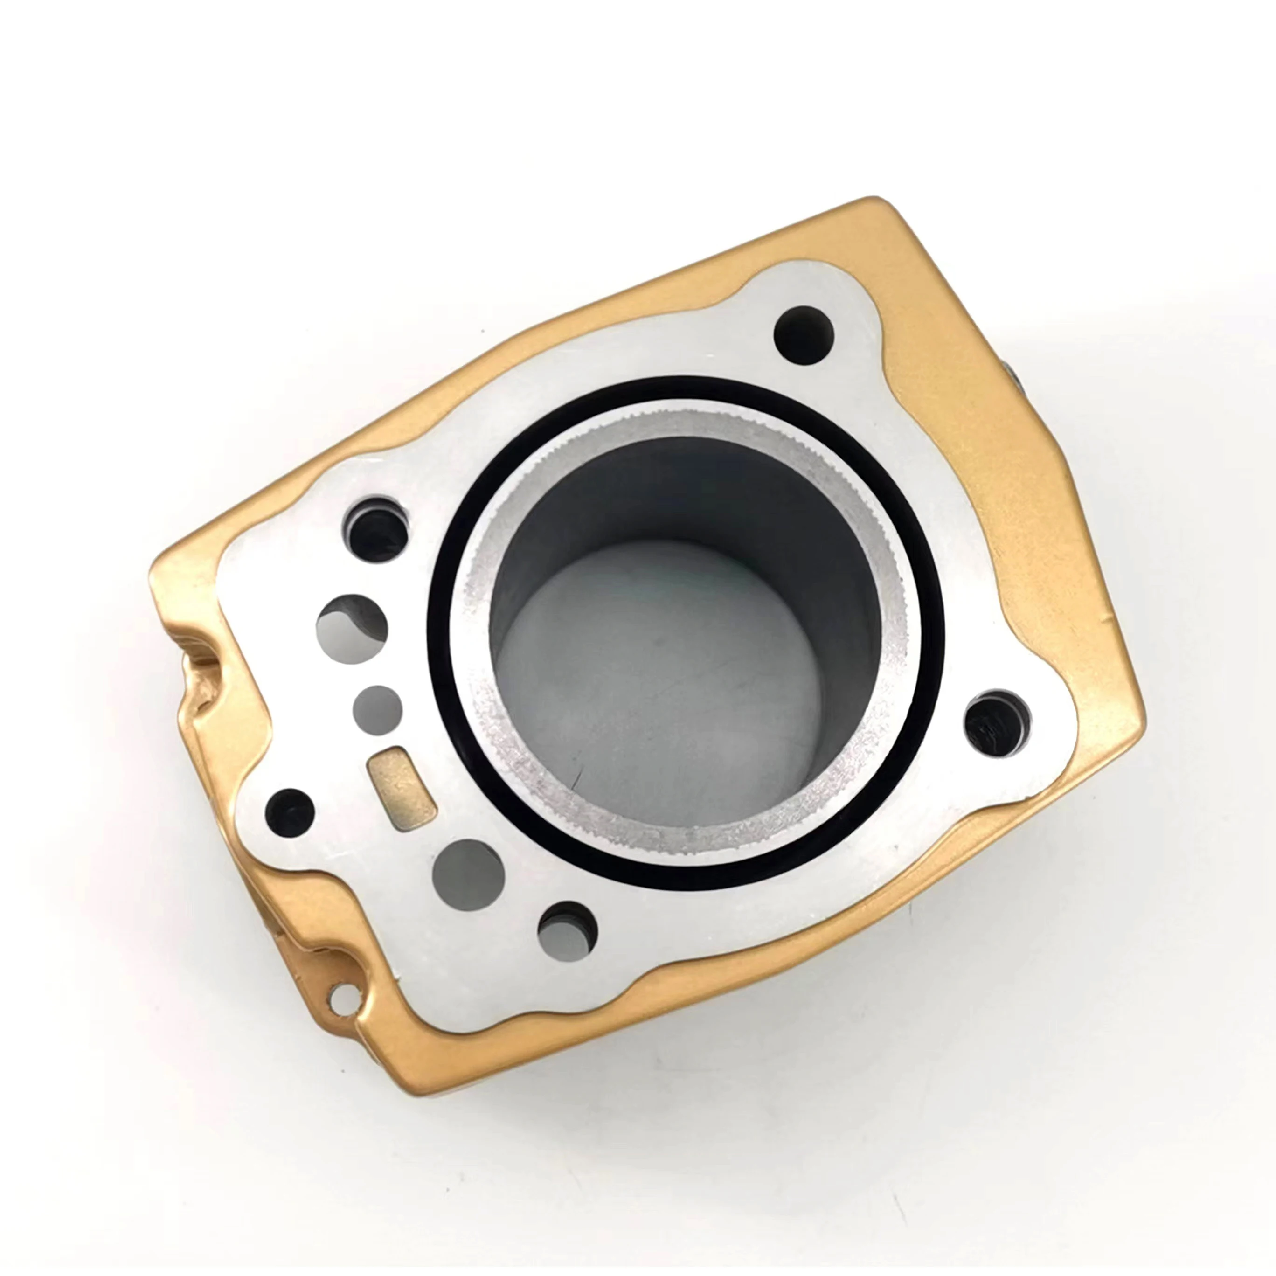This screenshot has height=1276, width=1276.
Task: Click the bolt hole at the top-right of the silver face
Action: [804, 335]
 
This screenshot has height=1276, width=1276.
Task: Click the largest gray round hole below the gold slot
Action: [468, 874]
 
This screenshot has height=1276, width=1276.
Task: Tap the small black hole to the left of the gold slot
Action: [289, 811]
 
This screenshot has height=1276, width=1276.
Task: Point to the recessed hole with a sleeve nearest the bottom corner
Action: [567, 932]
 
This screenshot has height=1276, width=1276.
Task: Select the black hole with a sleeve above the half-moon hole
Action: [376, 530]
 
